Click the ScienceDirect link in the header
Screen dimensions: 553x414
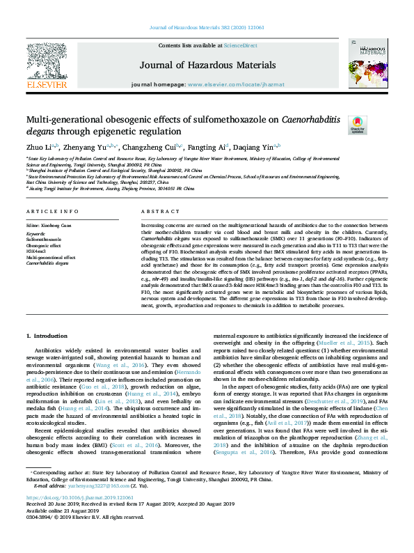coord(239,45)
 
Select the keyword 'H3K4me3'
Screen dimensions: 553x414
coord(37,251)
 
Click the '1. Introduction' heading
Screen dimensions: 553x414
coord(48,336)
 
